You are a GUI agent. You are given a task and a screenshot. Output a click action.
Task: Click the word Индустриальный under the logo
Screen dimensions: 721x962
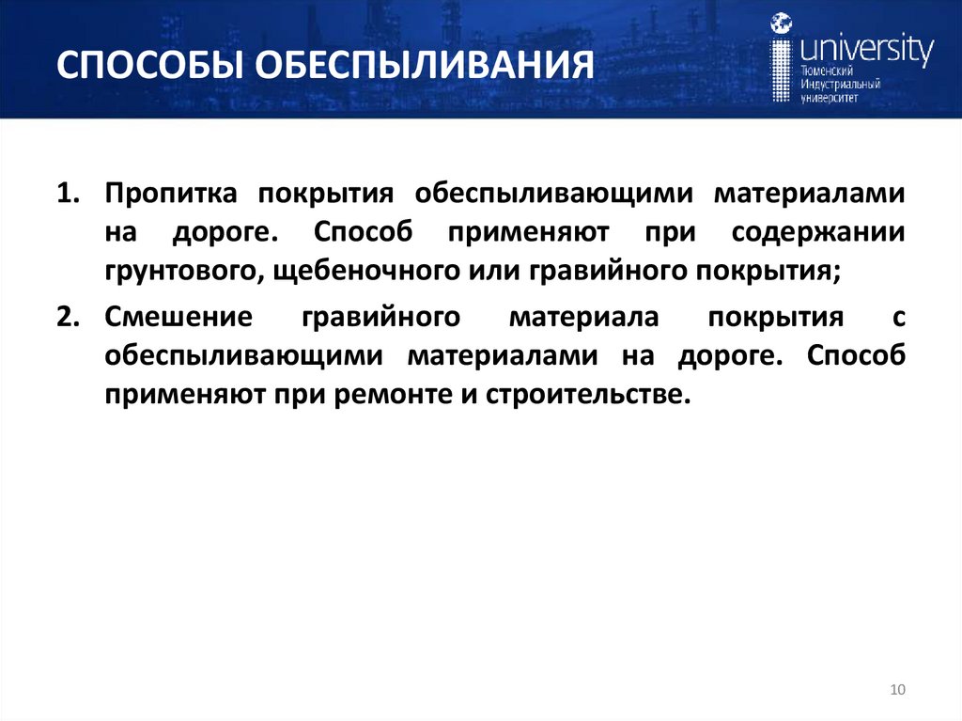coord(840,85)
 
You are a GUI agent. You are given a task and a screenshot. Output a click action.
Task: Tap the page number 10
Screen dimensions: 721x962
coord(896,691)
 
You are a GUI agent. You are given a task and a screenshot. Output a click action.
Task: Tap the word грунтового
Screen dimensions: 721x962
coord(172,272)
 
